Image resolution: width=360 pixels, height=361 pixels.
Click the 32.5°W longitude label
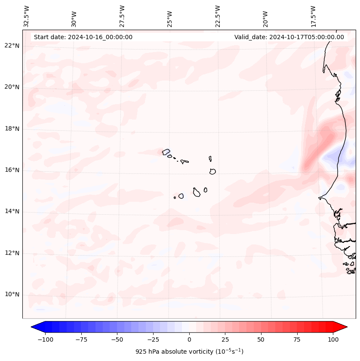point(27,16)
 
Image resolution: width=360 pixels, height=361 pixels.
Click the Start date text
point(83,37)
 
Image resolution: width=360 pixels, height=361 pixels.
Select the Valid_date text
point(289,37)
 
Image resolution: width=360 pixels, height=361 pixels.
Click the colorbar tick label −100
point(44,339)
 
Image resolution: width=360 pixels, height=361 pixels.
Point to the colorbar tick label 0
point(189,339)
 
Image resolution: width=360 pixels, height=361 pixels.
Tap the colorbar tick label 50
point(261,339)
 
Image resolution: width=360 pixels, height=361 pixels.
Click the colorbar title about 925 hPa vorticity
point(189,352)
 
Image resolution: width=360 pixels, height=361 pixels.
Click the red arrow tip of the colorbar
point(342,327)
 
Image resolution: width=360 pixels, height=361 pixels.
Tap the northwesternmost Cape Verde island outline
point(166,151)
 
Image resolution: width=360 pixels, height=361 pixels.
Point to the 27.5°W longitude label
point(122,16)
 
